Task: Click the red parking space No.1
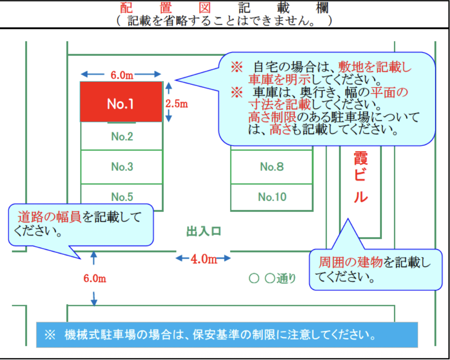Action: coord(121,102)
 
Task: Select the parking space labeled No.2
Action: coord(122,136)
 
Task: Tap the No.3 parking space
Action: coord(122,167)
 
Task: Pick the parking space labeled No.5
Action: coord(122,197)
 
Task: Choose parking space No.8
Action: coord(271,167)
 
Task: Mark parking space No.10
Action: coord(271,197)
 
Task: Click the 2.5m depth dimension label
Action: coord(176,104)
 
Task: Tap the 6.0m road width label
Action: coord(95,278)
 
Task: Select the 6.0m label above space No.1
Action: coord(122,75)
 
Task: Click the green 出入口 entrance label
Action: coord(204,231)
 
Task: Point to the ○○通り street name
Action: coord(272,278)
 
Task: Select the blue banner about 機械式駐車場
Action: coord(227,335)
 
